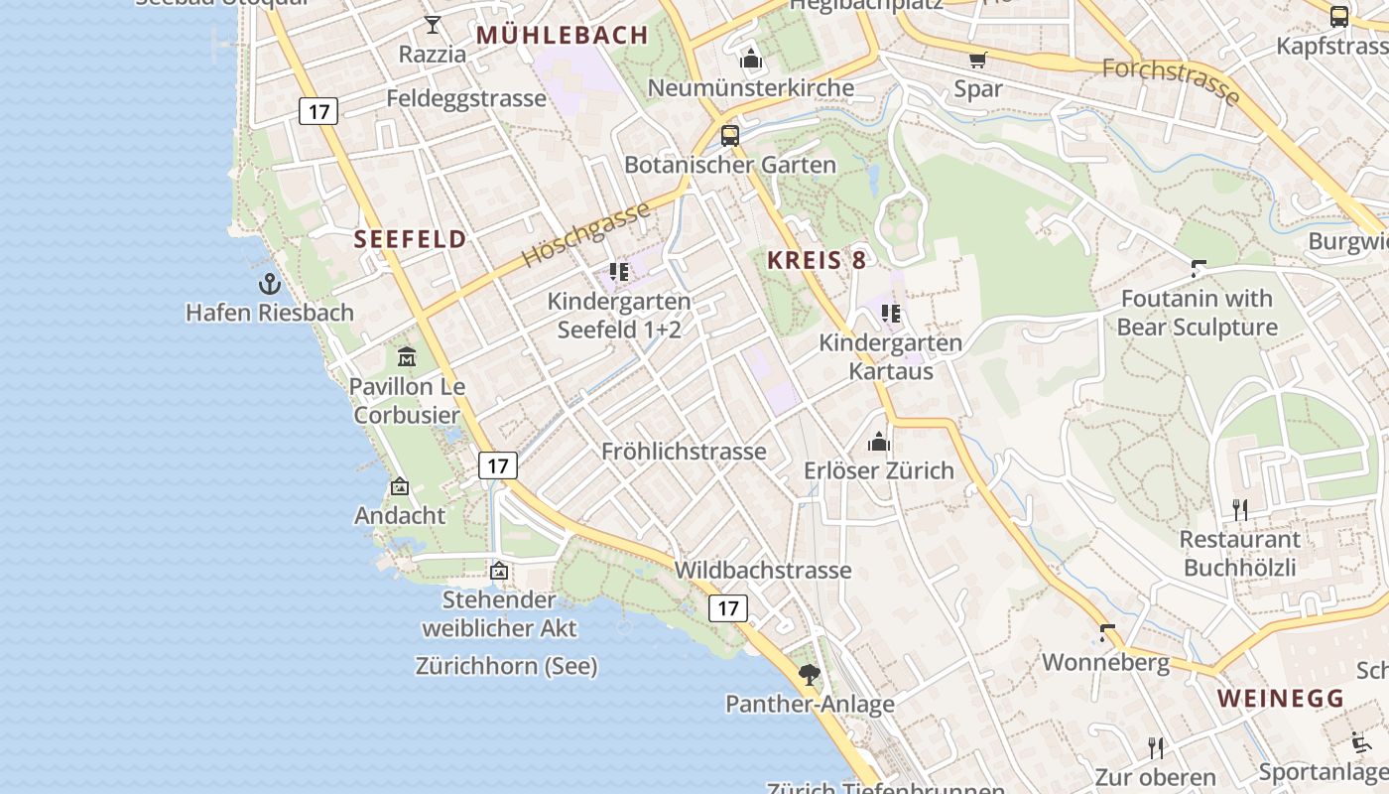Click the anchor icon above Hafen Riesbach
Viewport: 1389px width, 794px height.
pyautogui.click(x=269, y=284)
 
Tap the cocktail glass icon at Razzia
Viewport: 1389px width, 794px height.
pyautogui.click(x=433, y=25)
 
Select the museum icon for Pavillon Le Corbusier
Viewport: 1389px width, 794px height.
pyautogui.click(x=406, y=356)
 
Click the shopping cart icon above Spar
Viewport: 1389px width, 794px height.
pyautogui.click(x=977, y=61)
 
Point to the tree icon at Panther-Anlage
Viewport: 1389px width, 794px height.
pyautogui.click(x=810, y=675)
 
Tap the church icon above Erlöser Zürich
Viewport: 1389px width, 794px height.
pyautogui.click(x=879, y=442)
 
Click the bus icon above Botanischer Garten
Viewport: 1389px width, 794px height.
pyautogui.click(x=730, y=136)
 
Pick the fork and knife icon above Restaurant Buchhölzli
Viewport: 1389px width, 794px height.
pyautogui.click(x=1240, y=510)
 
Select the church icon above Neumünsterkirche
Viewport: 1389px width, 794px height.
pyautogui.click(x=751, y=60)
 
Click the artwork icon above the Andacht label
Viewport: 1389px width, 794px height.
pyautogui.click(x=400, y=486)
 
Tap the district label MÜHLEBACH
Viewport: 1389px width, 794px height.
pyautogui.click(x=563, y=36)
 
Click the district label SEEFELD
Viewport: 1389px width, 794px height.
pyautogui.click(x=410, y=239)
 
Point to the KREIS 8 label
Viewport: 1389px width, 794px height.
pyautogui.click(x=817, y=261)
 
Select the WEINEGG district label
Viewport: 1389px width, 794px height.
pyautogui.click(x=1280, y=699)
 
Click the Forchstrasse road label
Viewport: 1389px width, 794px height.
pyautogui.click(x=1171, y=80)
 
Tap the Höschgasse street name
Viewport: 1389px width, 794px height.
pyautogui.click(x=586, y=234)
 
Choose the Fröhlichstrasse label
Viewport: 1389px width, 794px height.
pyautogui.click(x=684, y=452)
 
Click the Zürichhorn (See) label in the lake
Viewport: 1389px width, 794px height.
pyautogui.click(x=506, y=666)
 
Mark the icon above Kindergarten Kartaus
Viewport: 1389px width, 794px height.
pyautogui.click(x=891, y=314)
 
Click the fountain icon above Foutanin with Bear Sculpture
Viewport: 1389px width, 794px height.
pyautogui.click(x=1199, y=268)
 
